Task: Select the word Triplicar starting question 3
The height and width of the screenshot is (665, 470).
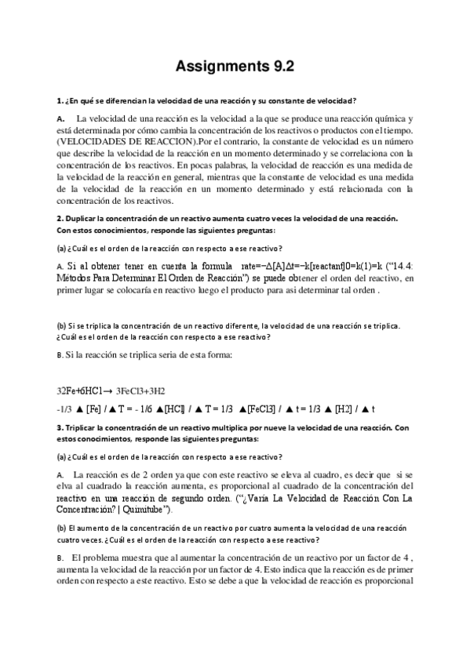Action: pyautogui.click(x=85, y=427)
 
